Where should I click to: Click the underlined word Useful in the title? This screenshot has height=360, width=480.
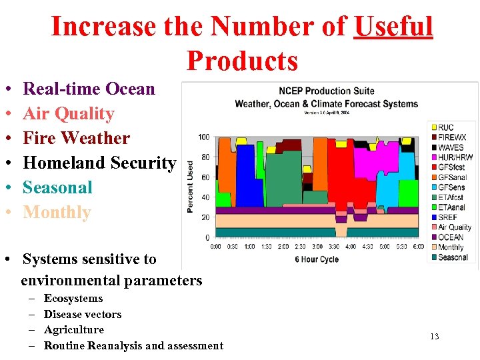tap(393, 27)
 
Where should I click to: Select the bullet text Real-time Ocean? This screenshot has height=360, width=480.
tap(89, 89)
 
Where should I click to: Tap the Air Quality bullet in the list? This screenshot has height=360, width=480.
tap(69, 113)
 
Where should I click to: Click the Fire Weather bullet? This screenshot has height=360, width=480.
tap(76, 138)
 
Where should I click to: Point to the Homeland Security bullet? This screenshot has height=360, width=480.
tap(99, 163)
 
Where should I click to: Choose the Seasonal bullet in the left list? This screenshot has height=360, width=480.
tap(57, 187)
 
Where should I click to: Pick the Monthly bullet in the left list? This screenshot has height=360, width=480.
tap(57, 212)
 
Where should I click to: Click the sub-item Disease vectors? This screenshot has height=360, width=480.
tap(83, 314)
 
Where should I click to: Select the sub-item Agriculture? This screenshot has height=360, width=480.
tap(74, 329)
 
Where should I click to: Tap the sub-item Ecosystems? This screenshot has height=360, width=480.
tap(73, 298)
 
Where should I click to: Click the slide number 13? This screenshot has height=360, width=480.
tap(434, 336)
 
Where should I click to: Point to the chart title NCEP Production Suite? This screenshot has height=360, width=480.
tap(326, 91)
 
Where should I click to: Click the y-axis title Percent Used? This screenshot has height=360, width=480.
tap(190, 187)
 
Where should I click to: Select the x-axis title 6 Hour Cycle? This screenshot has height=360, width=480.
tap(317, 259)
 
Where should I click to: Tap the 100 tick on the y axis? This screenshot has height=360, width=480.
tap(203, 137)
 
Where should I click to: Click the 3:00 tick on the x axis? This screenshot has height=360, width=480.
tap(317, 247)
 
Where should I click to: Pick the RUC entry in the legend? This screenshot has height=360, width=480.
tap(446, 127)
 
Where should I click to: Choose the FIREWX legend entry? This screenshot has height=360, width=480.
tap(451, 137)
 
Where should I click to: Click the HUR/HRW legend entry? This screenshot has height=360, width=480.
tap(455, 157)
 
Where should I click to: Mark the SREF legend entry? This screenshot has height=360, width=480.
tap(447, 217)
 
